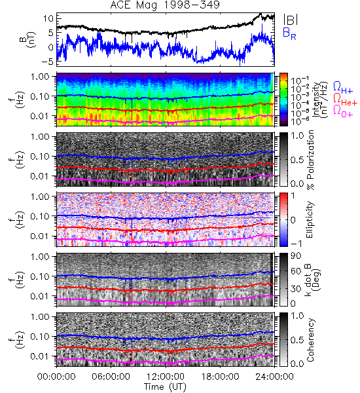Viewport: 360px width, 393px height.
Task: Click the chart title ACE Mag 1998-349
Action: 165,5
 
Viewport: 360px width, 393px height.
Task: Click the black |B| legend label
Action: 291,20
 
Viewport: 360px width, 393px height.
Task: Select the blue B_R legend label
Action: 289,34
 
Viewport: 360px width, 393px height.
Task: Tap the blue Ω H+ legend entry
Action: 343,88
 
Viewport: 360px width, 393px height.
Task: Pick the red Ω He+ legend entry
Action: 345,99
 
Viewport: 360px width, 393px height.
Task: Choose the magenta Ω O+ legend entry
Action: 343,111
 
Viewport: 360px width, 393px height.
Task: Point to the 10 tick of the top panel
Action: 48,18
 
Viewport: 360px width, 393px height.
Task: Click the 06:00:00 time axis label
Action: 111,377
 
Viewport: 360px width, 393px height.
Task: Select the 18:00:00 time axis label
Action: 220,377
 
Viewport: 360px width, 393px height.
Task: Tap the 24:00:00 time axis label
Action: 274,377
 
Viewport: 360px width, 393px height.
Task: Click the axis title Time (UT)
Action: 165,386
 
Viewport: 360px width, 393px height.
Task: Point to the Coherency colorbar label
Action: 310,340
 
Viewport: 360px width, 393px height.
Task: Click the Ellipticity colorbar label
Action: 310,220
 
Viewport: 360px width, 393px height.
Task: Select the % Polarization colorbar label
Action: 310,160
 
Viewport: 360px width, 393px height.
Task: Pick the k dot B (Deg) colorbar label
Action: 313,280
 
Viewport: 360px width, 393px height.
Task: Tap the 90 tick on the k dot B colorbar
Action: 296,256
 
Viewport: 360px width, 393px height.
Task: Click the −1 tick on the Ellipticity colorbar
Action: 297,244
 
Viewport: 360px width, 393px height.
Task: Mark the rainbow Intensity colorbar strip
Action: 283,100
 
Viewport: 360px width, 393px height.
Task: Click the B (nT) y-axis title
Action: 28,39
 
